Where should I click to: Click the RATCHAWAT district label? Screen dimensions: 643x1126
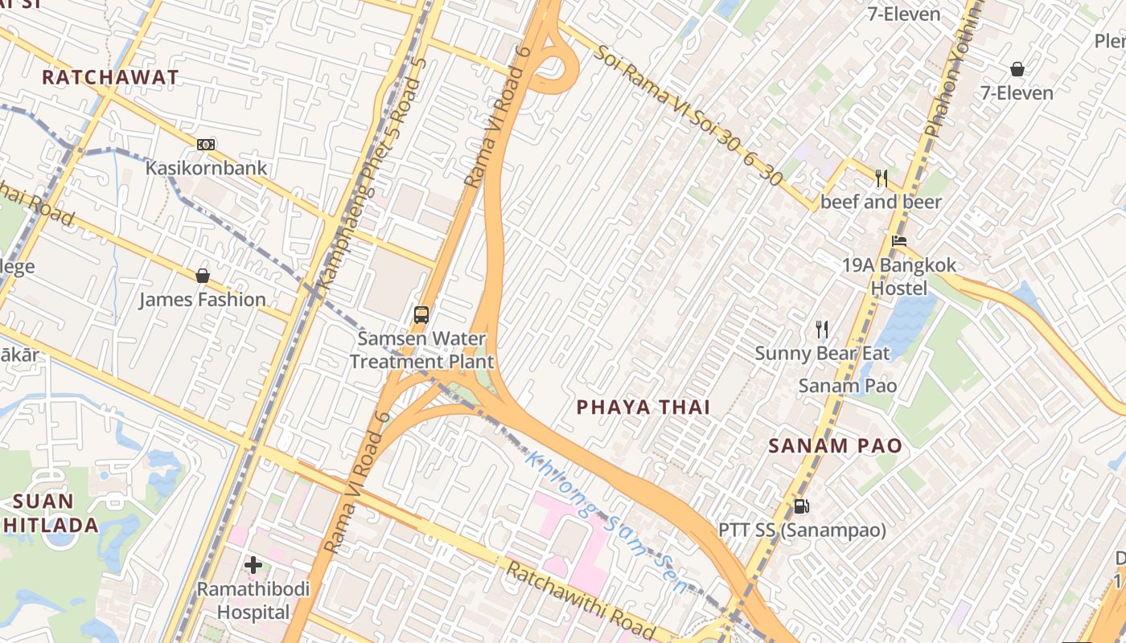click(110, 77)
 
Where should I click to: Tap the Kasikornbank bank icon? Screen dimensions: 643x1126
click(206, 145)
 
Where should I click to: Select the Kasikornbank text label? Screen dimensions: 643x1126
click(206, 169)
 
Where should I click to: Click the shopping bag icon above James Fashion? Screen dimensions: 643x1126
click(203, 276)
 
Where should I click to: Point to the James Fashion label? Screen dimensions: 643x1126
click(202, 300)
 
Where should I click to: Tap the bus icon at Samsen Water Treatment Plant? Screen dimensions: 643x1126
click(421, 314)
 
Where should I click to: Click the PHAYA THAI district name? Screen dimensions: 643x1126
click(643, 408)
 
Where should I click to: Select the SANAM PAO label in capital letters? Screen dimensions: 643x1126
click(835, 446)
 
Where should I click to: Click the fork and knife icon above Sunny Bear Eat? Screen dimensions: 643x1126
click(821, 329)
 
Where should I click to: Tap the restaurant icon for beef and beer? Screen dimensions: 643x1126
click(881, 178)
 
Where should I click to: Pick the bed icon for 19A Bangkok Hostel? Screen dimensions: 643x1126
click(899, 241)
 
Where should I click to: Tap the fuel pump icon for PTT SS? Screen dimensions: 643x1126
click(801, 506)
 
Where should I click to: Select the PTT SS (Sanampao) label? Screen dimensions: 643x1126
click(802, 530)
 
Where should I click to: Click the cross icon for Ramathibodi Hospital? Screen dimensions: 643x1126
click(253, 565)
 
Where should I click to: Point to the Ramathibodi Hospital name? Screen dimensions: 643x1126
click(253, 601)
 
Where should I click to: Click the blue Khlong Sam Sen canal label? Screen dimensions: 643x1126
click(607, 522)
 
